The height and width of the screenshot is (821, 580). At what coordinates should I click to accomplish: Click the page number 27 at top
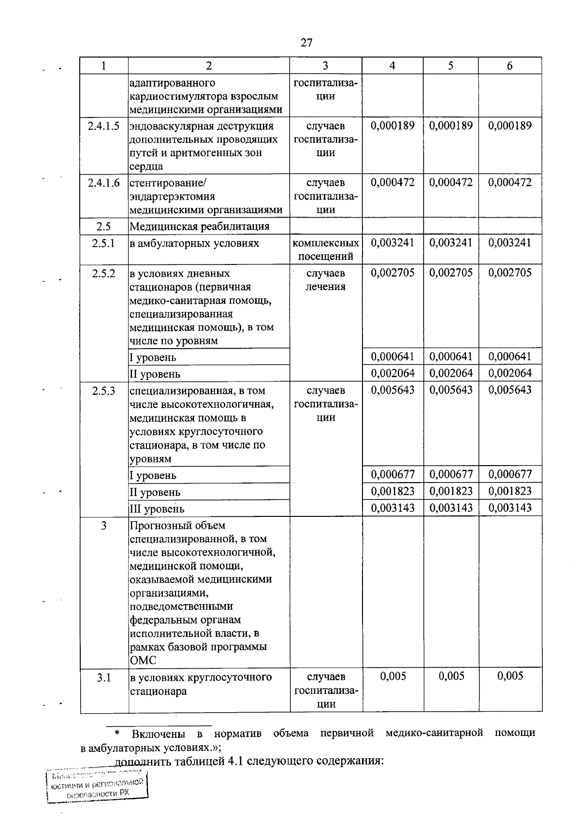pyautogui.click(x=306, y=43)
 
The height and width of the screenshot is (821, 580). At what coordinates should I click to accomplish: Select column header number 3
pyautogui.click(x=325, y=66)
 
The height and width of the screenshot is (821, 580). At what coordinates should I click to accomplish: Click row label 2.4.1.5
pyautogui.click(x=104, y=126)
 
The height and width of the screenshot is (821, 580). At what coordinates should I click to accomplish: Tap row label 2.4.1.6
pyautogui.click(x=104, y=183)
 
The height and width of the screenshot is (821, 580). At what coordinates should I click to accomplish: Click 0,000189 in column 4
pyautogui.click(x=392, y=126)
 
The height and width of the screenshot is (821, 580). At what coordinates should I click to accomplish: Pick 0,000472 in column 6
pyautogui.click(x=510, y=182)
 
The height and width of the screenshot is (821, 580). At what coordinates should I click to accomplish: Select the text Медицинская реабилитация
pyautogui.click(x=199, y=226)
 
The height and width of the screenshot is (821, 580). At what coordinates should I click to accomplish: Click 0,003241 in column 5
pyautogui.click(x=451, y=243)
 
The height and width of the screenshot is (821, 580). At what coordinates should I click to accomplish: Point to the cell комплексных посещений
pyautogui.click(x=326, y=249)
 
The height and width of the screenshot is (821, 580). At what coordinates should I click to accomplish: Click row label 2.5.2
pyautogui.click(x=104, y=273)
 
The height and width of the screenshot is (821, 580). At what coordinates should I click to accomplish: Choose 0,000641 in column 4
pyautogui.click(x=392, y=357)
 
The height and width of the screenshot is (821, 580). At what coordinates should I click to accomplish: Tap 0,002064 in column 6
pyautogui.click(x=510, y=373)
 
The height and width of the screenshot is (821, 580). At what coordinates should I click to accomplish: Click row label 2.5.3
pyautogui.click(x=104, y=391)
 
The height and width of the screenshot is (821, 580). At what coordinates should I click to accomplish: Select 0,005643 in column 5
pyautogui.click(x=451, y=390)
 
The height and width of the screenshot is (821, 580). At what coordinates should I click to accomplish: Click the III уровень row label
pyautogui.click(x=157, y=509)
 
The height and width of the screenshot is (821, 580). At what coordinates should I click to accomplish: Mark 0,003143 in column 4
pyautogui.click(x=392, y=508)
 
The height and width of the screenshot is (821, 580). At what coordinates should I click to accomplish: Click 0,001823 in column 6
pyautogui.click(x=510, y=491)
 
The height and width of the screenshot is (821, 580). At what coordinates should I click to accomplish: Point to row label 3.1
pyautogui.click(x=104, y=677)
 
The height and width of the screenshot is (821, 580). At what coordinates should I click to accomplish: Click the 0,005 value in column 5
pyautogui.click(x=451, y=676)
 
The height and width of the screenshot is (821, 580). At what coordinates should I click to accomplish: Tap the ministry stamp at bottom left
pyautogui.click(x=97, y=786)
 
